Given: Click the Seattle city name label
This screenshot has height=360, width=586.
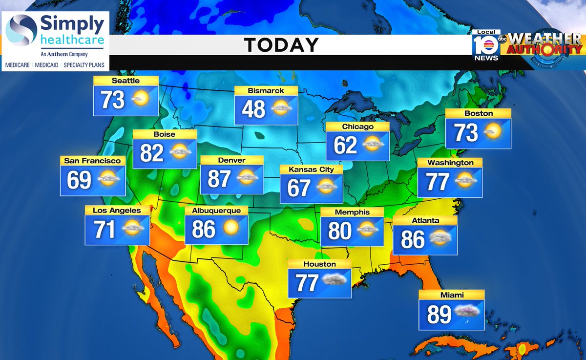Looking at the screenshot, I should (126, 81).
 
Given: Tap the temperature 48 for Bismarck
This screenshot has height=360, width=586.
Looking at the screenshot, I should (253, 109).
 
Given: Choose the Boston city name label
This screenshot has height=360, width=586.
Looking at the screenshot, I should (479, 113).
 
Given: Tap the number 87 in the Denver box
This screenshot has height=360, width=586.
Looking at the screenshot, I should (219, 179).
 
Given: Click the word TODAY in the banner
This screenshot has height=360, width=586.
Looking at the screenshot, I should (281, 45).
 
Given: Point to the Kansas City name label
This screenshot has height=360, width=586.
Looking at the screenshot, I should (311, 169).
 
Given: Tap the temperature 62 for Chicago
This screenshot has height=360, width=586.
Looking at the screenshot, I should (345, 145).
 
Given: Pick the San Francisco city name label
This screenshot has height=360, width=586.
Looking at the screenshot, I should (92, 160).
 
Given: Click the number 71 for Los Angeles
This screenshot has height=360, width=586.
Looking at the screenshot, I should (105, 230).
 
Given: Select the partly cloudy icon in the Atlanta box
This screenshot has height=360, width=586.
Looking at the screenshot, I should (440, 238).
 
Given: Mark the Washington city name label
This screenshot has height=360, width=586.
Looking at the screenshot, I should (450, 163).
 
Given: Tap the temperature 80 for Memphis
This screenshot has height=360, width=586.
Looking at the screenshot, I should (340, 231).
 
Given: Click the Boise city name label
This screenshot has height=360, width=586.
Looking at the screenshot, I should (164, 134).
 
